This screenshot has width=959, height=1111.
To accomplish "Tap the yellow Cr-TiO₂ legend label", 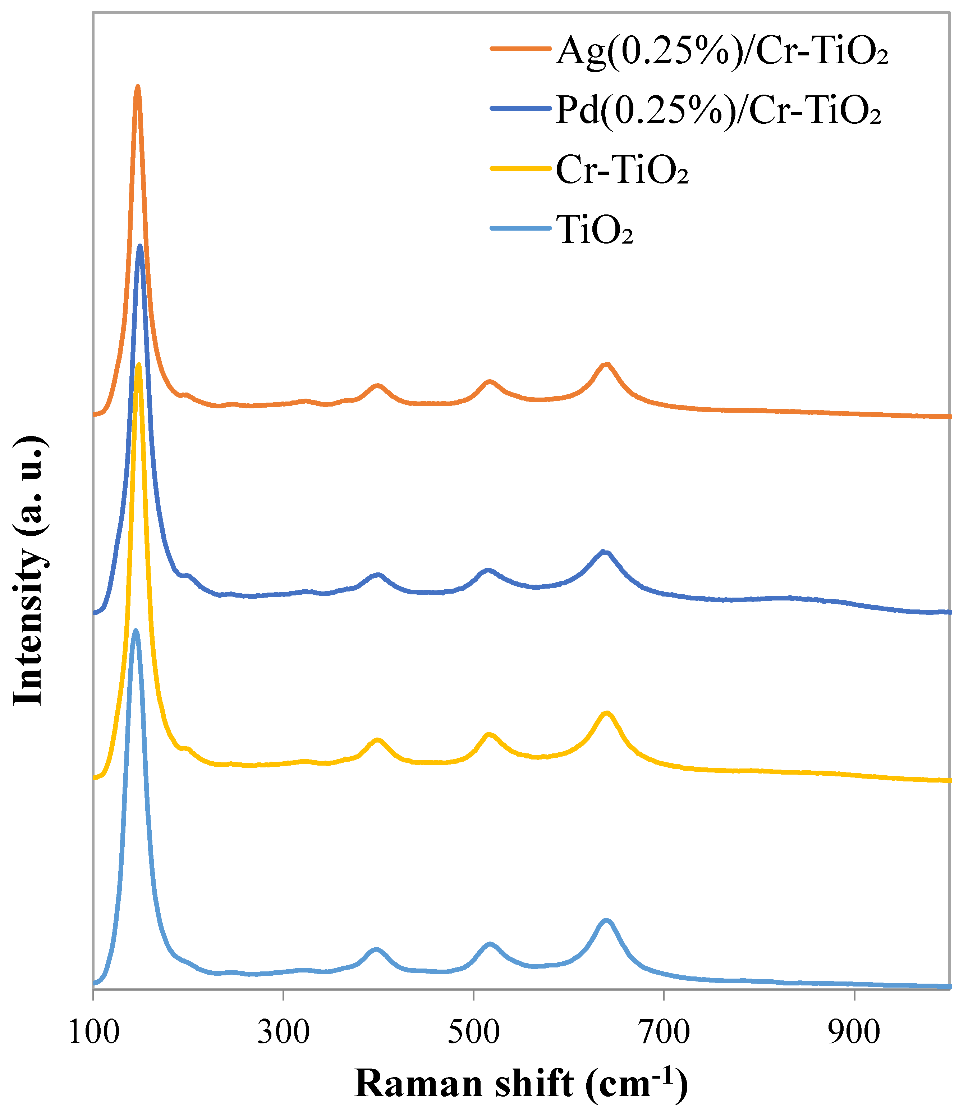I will click(621, 171).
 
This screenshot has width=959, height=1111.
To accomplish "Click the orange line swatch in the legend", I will click(520, 49).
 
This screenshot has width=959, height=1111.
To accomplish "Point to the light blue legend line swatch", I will click(520, 228).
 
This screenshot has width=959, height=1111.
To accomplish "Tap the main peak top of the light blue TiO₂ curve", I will click(136, 631).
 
